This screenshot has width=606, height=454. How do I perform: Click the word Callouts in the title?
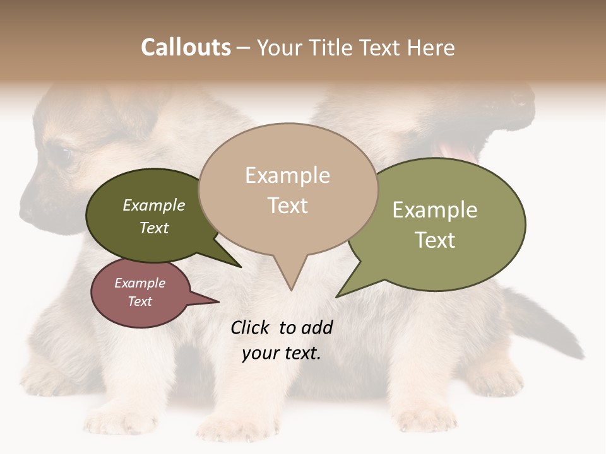(186, 47)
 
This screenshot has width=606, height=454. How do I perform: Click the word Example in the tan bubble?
(288, 175)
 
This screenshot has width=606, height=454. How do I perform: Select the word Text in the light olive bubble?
(435, 240)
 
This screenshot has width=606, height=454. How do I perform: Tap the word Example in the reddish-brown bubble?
(140, 283)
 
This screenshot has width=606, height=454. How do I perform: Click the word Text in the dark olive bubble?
(154, 228)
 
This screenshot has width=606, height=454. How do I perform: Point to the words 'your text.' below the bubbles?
(282, 353)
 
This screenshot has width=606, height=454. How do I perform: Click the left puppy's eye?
(62, 153)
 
